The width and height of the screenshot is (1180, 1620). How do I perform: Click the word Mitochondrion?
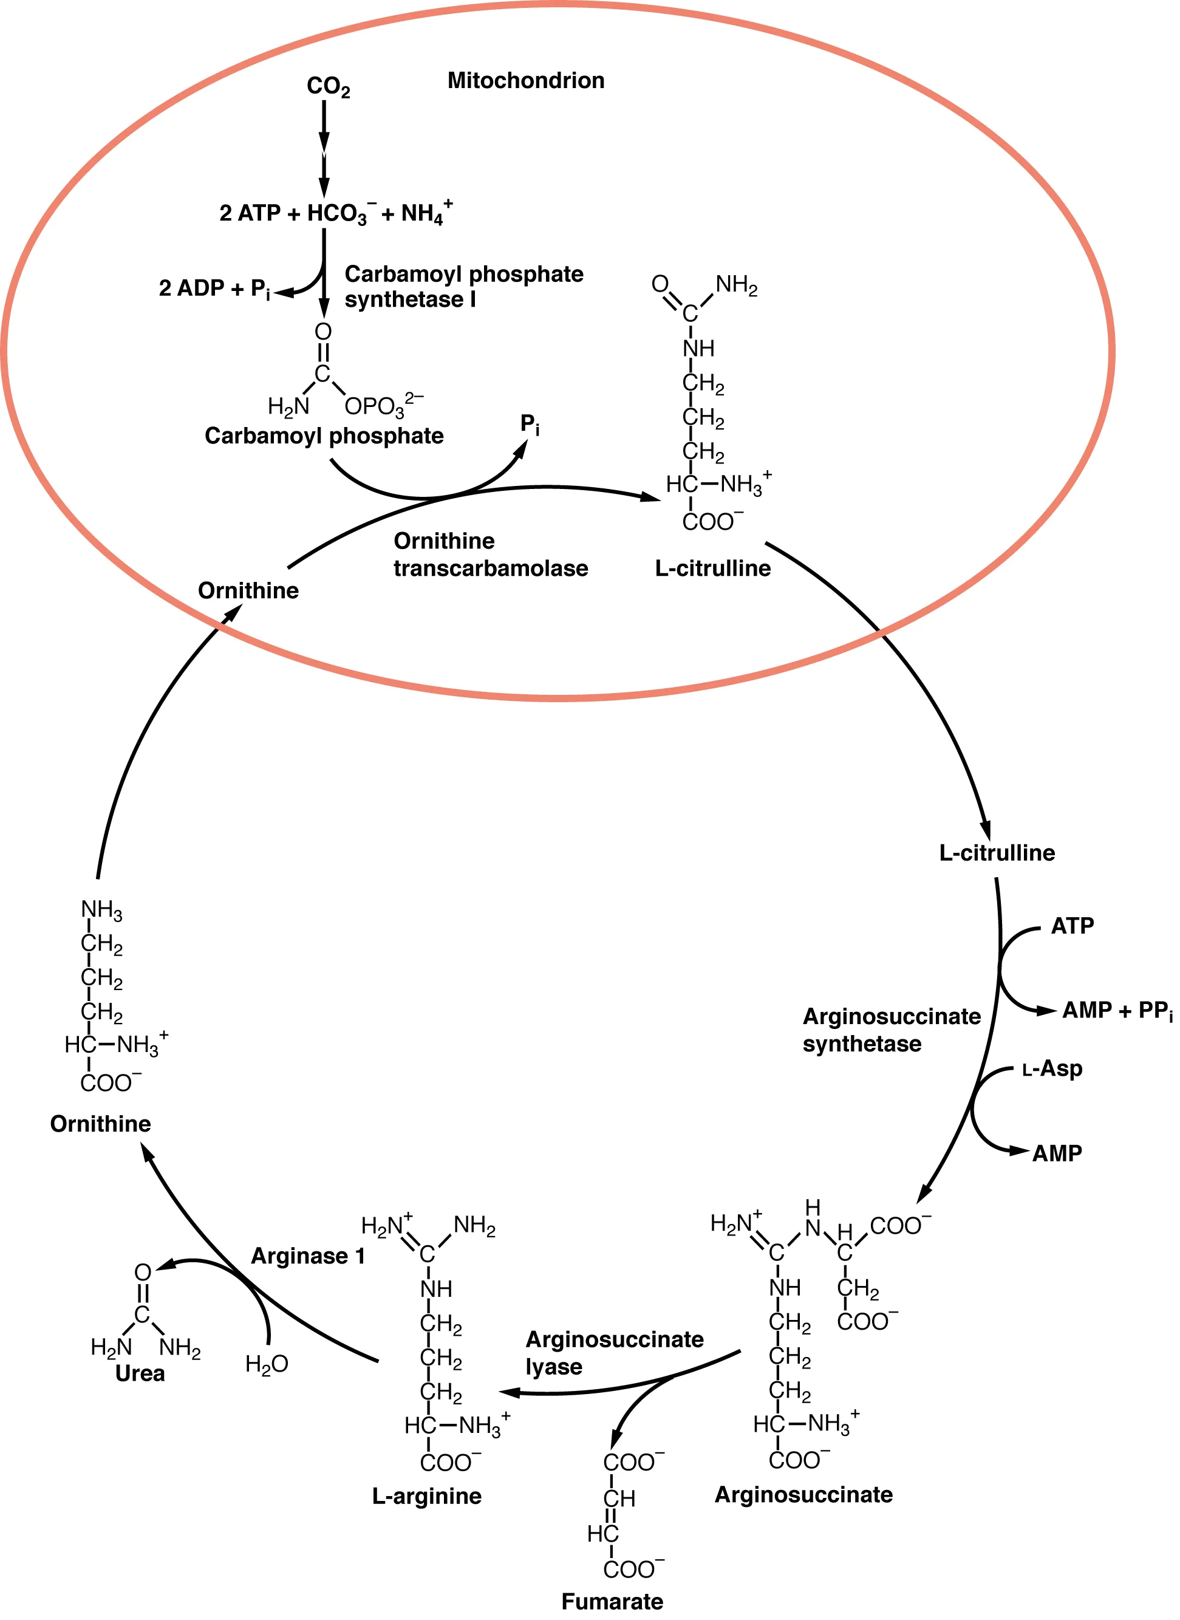point(526,80)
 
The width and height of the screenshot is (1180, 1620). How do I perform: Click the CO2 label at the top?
point(328,86)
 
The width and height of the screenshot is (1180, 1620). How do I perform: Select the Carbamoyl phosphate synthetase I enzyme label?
point(463,287)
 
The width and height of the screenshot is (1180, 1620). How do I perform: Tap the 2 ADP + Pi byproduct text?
point(214,289)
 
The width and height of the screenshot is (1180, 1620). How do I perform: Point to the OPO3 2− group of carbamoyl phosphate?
point(383,405)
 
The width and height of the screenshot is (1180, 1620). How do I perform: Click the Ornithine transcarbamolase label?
point(490,555)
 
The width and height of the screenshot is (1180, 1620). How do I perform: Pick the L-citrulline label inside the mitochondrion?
point(712,569)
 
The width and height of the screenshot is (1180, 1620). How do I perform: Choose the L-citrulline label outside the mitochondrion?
point(997,853)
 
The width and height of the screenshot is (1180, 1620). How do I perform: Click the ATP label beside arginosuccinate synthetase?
point(1071,926)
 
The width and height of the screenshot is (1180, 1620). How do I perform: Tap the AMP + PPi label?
point(1116,1011)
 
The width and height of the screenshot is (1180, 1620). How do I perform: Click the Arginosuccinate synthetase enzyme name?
point(891,1030)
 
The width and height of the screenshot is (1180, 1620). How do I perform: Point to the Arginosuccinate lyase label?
point(614,1352)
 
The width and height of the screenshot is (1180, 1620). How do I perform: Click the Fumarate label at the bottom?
point(612,1601)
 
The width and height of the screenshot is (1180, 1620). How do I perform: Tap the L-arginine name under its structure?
point(426,1495)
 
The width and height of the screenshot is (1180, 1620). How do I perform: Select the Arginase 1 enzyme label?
point(308,1256)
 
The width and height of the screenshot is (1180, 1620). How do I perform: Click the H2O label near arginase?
point(267,1364)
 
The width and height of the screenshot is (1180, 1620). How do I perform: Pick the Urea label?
point(140,1373)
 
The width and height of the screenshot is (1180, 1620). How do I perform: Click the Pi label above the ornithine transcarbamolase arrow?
point(530,425)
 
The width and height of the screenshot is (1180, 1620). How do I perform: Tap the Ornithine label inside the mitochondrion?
point(248,590)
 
